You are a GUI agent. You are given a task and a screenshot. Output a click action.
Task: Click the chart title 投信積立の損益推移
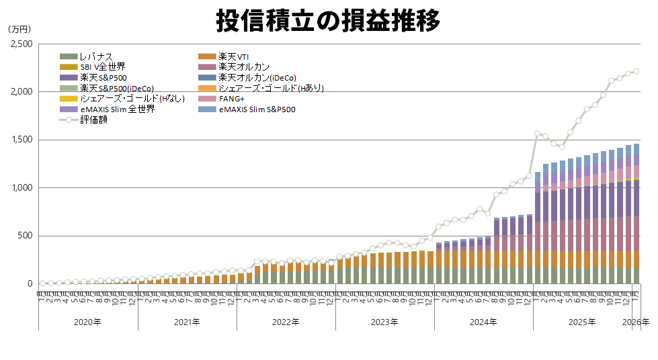tap(328, 20)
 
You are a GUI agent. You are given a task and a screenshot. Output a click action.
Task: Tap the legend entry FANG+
tap(232, 99)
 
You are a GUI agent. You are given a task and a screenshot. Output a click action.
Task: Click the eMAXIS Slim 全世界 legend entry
tap(117, 109)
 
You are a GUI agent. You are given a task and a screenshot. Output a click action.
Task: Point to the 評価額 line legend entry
tap(93, 120)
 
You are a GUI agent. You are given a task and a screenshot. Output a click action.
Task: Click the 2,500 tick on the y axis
tap(22, 44)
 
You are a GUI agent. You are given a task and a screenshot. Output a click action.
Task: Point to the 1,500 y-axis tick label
tap(22, 140)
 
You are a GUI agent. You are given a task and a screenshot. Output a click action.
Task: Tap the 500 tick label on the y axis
tap(25, 236)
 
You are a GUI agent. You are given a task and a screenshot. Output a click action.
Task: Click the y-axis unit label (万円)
tap(19, 29)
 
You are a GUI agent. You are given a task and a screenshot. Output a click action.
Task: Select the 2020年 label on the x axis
tap(88, 322)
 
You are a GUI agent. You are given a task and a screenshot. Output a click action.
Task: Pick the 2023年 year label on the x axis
tap(384, 322)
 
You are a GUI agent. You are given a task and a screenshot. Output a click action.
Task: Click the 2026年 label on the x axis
tap(636, 322)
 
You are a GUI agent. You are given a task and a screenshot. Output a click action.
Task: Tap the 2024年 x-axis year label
tap(483, 322)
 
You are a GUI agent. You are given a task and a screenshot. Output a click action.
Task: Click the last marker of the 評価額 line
tap(636, 71)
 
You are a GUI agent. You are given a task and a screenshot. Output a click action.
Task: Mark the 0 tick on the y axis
tap(30, 283)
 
